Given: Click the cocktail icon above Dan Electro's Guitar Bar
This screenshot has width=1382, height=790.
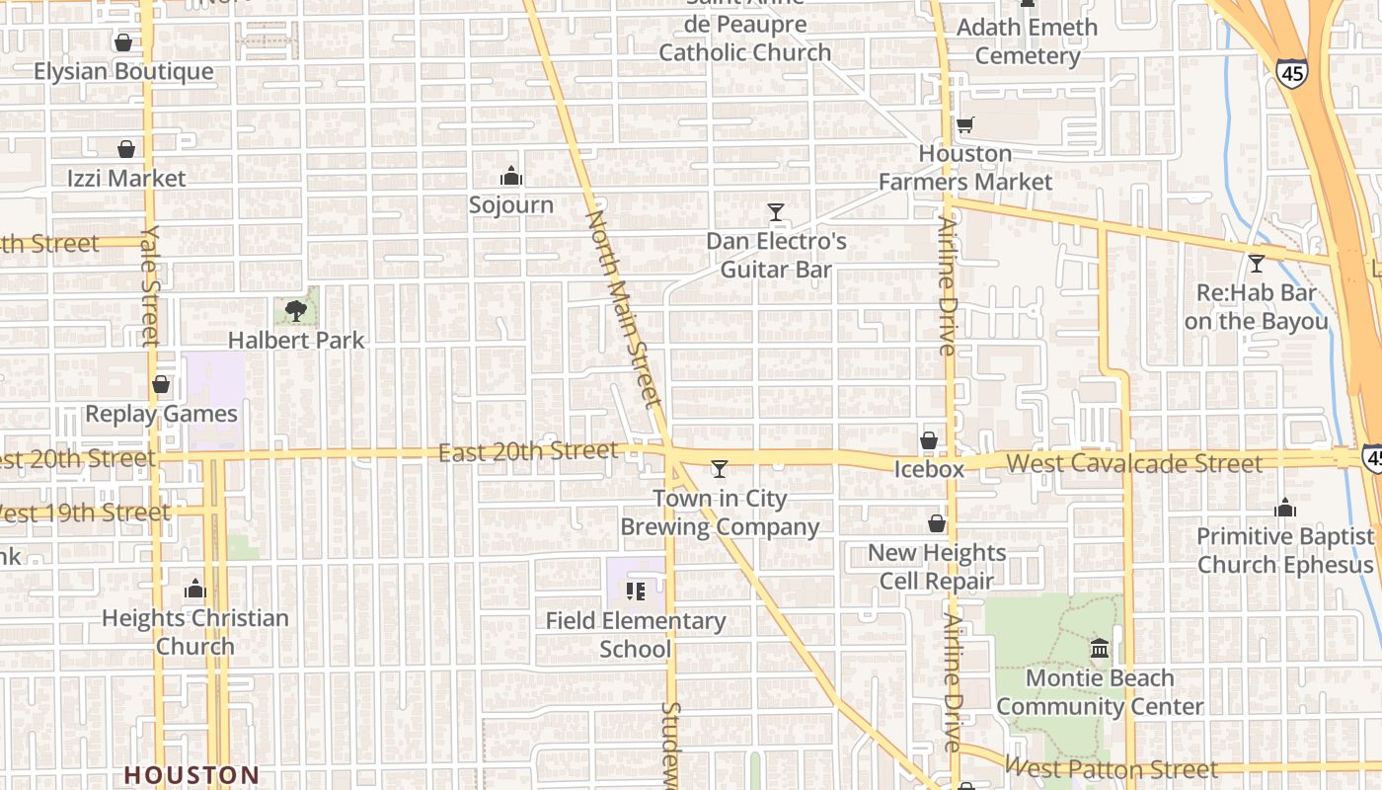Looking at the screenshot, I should pos(776,212).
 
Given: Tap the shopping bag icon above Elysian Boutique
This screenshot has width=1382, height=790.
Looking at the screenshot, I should pos(123,42).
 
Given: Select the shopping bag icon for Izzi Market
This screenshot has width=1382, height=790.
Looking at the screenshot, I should pos(126,149).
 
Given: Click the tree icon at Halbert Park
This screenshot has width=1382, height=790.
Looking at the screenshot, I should pos(295,311).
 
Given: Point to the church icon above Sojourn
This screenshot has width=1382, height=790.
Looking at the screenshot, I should pos(511,177).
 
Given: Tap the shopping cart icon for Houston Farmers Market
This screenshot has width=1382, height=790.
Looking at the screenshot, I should pos(964,125).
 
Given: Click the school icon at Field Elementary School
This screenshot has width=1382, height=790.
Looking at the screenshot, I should pos(636,592).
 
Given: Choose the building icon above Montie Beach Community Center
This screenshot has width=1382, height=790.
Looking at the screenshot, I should pos(1100,649).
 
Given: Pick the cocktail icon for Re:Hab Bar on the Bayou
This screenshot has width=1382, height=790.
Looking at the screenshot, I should pos(1256,264).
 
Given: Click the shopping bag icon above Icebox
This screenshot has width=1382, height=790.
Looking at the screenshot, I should pos(929,440).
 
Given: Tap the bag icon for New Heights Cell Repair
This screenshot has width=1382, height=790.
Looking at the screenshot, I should pos(937,523).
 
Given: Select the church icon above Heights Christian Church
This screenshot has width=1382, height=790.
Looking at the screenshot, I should pos(195,590).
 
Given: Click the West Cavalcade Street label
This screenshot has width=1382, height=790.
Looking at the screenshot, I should pos(1133,463).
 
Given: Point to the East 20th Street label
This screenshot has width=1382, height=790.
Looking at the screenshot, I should pos(528,452).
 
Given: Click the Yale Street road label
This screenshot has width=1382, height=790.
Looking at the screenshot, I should pos(150,286).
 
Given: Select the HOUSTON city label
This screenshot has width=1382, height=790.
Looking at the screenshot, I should pos(192,775).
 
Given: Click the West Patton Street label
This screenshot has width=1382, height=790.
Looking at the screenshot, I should pos(1112,768).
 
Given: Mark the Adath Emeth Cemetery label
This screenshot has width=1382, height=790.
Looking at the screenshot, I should pos(1027,41).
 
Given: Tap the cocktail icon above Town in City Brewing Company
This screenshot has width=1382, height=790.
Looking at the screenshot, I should pos(720,468).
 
